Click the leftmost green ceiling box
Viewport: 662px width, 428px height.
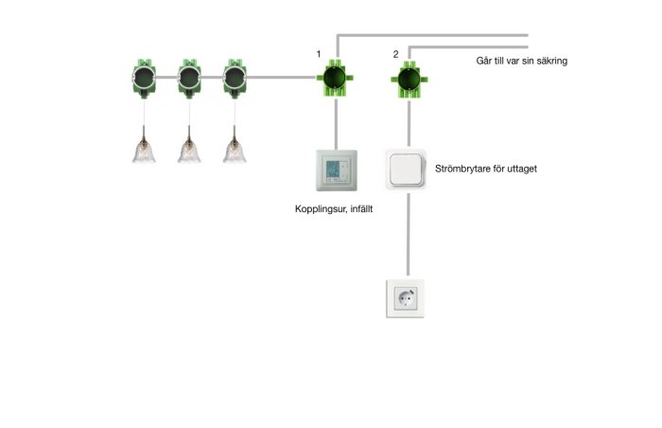click(145, 79)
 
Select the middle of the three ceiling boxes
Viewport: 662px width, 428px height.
click(189, 79)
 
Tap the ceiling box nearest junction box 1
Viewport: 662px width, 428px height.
click(235, 79)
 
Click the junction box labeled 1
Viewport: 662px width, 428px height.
click(335, 79)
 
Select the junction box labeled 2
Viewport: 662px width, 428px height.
click(409, 80)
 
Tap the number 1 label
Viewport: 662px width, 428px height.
click(319, 54)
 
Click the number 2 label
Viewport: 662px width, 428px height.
click(395, 54)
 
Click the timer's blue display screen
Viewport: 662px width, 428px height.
click(333, 170)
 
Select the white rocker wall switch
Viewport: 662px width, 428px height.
click(406, 169)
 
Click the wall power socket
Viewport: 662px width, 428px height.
click(406, 298)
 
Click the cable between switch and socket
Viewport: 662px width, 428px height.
click(408, 235)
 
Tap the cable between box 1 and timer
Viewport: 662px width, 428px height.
click(336, 124)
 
